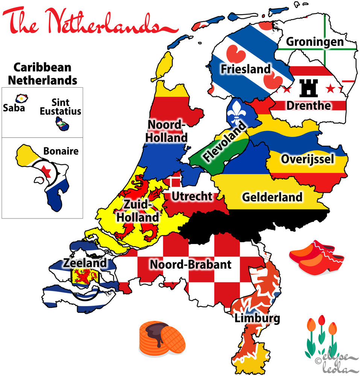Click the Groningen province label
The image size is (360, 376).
(x=315, y=41)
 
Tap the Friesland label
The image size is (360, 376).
(x=245, y=69)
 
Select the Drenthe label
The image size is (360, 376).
(x=309, y=105)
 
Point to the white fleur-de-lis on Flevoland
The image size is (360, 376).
(x=236, y=112)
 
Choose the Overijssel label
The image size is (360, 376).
(x=307, y=159)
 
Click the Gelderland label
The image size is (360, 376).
(x=272, y=197)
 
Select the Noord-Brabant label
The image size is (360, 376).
(x=190, y=264)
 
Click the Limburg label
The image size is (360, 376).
(x=257, y=319)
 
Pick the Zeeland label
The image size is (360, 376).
(x=85, y=263)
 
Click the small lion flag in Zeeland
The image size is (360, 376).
(x=84, y=277)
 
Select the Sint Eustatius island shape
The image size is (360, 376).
(x=62, y=123)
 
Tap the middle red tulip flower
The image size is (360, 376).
(x=321, y=320)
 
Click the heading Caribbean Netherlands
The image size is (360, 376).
(x=43, y=73)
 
